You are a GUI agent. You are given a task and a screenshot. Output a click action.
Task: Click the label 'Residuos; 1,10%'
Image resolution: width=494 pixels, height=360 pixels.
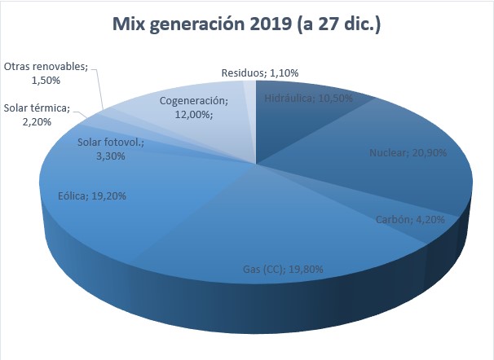click(259, 72)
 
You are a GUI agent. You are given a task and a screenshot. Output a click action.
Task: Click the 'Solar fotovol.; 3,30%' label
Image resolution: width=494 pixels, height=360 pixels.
click(111, 149)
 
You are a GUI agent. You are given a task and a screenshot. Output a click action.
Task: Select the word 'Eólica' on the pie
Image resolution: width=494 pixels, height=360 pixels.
click(73, 196)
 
